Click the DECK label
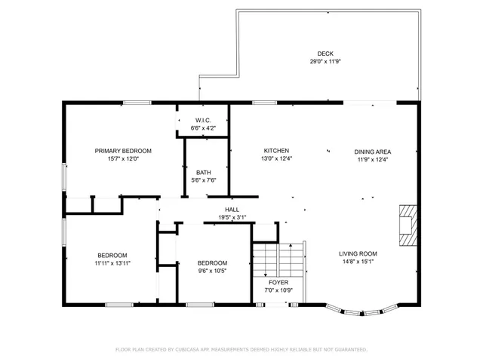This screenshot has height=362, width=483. point(325,53)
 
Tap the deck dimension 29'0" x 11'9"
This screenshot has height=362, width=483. point(325,61)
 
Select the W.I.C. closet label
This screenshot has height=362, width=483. point(203,121)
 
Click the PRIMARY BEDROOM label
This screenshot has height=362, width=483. point(123,151)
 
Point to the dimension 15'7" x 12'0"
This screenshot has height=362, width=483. point(123,159)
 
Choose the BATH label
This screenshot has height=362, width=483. point(203,172)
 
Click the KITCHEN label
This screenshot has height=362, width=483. point(276,151)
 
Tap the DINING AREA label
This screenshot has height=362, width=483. point(373,151)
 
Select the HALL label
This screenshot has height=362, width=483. point(232,210)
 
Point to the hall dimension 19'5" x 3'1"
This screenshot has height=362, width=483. point(232,218)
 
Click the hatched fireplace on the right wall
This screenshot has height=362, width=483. point(407,225)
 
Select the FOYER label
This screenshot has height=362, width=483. point(278,282)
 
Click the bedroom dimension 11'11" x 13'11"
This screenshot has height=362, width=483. point(112,263)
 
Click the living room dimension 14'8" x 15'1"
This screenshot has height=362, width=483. point(358,262)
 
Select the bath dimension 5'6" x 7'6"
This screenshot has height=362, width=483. point(203,180)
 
